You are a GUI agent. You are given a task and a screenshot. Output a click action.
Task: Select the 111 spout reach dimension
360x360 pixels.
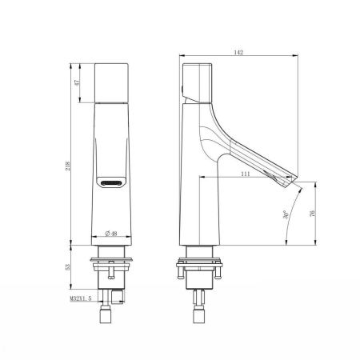point(246,173)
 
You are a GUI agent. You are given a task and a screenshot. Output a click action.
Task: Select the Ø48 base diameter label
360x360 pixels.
point(112,234)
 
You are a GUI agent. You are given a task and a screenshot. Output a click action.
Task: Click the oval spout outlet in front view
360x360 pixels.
point(110,183)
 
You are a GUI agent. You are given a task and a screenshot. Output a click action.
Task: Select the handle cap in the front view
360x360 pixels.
point(113,82)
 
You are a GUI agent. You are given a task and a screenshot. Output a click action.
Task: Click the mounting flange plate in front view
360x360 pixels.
point(113,259)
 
